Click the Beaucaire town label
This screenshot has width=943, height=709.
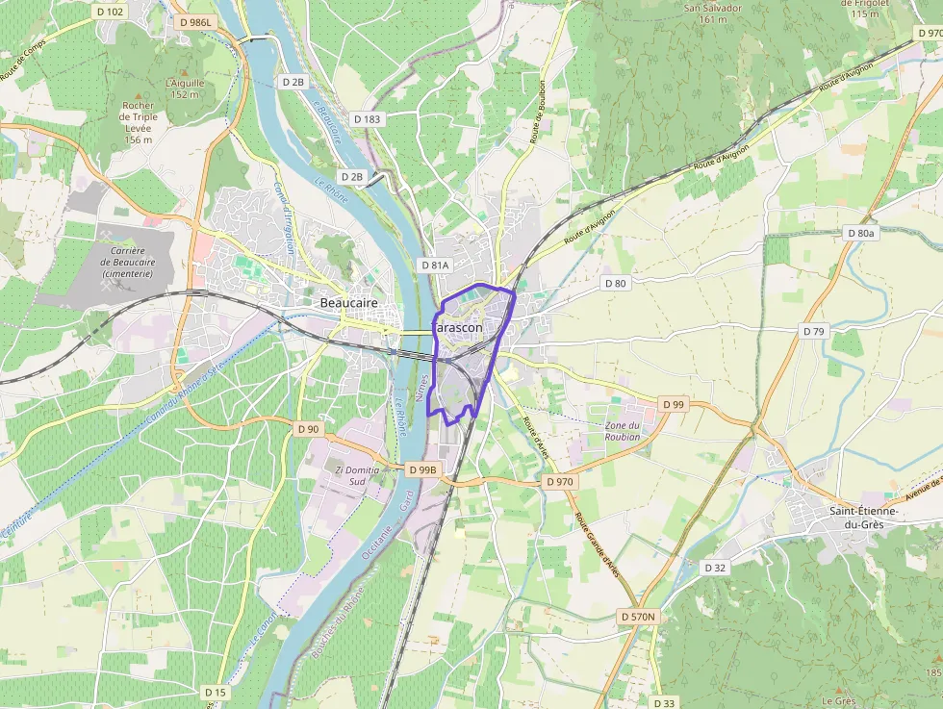click(x=347, y=303)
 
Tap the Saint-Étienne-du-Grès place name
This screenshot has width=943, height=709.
click(x=864, y=517)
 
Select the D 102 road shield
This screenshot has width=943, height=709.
click(x=111, y=12)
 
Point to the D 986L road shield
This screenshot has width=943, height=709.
click(x=195, y=20)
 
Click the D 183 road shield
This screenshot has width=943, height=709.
click(x=367, y=118)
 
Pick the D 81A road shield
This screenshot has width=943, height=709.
click(x=435, y=265)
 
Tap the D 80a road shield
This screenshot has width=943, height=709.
click(x=860, y=233)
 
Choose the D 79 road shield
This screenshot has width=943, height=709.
click(x=814, y=331)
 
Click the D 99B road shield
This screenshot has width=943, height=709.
click(x=422, y=469)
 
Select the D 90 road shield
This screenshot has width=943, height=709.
click(x=308, y=428)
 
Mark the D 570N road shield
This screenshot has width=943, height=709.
click(x=637, y=617)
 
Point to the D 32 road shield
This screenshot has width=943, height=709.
click(x=715, y=568)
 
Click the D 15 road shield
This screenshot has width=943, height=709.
click(x=216, y=692)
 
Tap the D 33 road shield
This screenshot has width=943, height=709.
click(x=664, y=702)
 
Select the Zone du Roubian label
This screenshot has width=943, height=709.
click(x=623, y=431)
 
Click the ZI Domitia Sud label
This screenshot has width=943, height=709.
click(x=357, y=475)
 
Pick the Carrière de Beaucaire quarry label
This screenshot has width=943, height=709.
click(x=128, y=261)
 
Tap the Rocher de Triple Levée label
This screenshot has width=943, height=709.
click(x=139, y=122)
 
